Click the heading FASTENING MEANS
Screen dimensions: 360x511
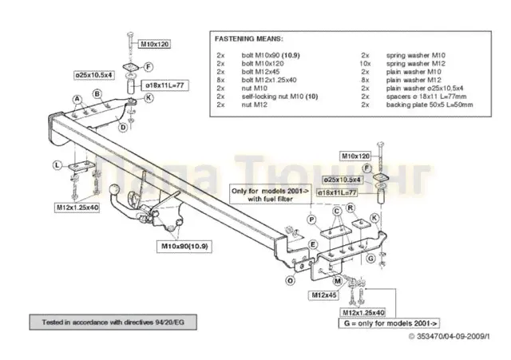[248, 38]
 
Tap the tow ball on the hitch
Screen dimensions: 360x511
[117, 194]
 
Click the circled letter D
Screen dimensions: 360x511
[122, 127]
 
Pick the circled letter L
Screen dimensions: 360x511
[57, 164]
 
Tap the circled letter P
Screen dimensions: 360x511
[311, 218]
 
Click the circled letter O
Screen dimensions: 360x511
[290, 279]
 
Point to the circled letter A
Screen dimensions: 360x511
[77, 99]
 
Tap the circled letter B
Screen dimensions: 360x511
[97, 93]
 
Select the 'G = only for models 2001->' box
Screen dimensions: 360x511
[388, 323]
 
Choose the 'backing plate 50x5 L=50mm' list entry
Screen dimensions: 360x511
[430, 105]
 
